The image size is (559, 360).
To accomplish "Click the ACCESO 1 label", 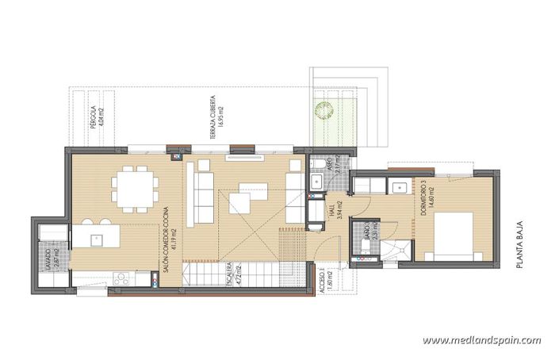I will [326, 281].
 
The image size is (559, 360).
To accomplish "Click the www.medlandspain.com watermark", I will [481, 340].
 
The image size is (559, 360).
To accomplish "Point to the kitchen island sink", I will [95, 237].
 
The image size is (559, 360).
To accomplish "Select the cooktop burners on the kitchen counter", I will [122, 278].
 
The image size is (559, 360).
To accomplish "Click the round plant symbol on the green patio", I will [323, 108].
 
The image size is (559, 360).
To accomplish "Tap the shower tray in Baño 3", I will [395, 251].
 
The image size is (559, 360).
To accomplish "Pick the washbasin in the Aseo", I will [316, 182].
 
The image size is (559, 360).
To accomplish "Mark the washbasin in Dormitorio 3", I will [395, 187].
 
